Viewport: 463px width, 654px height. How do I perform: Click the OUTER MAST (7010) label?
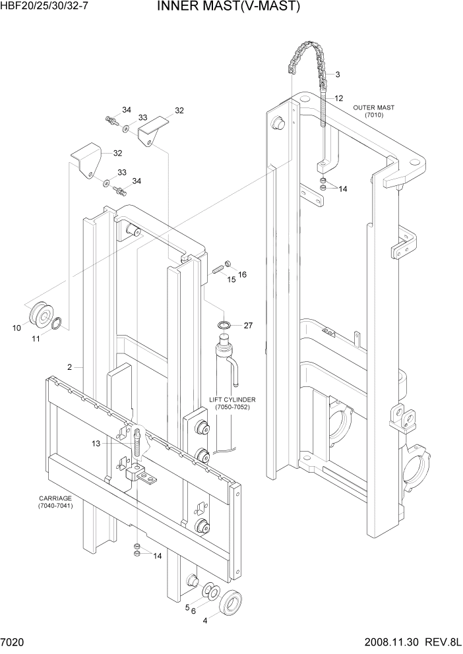click(373, 111)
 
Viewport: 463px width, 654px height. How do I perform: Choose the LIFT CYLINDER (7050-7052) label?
click(231, 403)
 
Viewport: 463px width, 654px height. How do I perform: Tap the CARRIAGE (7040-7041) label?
click(55, 502)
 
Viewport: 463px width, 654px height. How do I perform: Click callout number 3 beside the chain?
click(337, 74)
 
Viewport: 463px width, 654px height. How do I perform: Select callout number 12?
click(338, 98)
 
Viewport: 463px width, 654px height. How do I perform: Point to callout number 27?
click(248, 325)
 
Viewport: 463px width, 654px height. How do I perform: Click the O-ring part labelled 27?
click(225, 325)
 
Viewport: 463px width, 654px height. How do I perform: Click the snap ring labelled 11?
click(57, 323)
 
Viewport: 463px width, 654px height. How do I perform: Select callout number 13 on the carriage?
click(96, 444)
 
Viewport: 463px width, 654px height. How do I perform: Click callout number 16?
click(242, 274)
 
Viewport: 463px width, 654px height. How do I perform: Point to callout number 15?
click(231, 280)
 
